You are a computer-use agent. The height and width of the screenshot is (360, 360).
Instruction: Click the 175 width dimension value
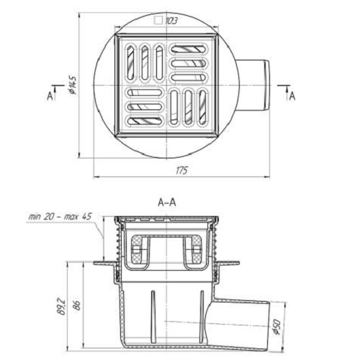coord(181,171)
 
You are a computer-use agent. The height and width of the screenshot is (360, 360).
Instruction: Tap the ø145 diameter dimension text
coord(73,85)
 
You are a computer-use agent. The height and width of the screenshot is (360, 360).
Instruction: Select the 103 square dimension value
coord(171,21)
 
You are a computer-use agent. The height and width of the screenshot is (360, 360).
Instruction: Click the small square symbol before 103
coord(158,20)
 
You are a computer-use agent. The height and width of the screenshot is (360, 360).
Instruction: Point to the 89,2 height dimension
coord(62,306)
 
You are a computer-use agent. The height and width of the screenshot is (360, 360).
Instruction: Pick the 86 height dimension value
coord(77,305)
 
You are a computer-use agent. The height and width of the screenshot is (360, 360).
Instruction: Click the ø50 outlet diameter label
coord(277,327)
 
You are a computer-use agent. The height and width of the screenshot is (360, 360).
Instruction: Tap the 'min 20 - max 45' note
coord(60,217)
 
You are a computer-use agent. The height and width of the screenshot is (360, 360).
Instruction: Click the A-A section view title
coord(167,202)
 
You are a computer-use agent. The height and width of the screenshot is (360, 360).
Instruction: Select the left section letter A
coord(50,96)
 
